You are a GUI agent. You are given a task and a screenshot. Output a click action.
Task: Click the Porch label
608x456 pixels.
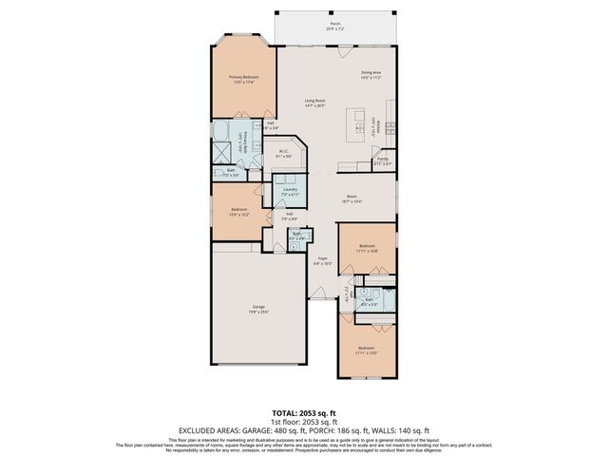(x=334, y=26)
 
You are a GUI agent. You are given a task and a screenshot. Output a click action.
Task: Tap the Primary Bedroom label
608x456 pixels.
(x=243, y=80)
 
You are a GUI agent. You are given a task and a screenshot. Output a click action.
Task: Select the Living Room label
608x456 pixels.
(x=315, y=103)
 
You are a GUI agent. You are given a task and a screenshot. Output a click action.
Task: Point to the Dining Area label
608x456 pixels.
(x=370, y=75)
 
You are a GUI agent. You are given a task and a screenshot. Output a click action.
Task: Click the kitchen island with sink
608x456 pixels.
(x=358, y=124)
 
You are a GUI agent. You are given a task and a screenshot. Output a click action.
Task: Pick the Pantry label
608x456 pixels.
(x=382, y=161)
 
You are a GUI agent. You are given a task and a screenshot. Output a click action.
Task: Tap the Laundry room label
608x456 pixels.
(x=291, y=192)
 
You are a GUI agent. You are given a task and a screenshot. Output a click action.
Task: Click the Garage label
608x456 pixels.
(x=258, y=309)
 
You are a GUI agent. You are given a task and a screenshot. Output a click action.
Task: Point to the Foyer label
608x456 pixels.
(x=323, y=260)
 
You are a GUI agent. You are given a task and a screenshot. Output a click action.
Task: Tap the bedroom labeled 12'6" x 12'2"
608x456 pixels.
(x=238, y=212)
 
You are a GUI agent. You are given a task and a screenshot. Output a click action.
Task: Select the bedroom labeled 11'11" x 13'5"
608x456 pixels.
(x=367, y=351)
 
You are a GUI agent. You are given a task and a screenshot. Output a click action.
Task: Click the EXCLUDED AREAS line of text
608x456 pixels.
(x=303, y=429)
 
